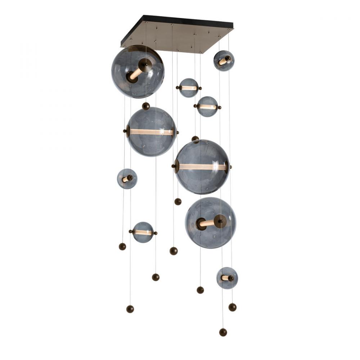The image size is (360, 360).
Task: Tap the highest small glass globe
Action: [x=224, y=60]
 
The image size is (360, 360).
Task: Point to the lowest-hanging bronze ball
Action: [x=223, y=332]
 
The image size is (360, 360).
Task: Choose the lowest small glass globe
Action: [x=227, y=278]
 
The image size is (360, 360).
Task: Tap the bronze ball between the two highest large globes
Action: [x=146, y=106]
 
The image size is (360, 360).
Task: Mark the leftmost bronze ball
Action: [x=122, y=246]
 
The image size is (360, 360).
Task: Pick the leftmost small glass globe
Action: [x=127, y=179]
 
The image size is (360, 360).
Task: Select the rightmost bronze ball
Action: [x=233, y=307]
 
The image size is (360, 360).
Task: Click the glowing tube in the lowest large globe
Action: [x=207, y=223]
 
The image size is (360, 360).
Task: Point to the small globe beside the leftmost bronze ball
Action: [x=143, y=232]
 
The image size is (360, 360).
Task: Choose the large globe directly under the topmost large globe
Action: [x=152, y=132]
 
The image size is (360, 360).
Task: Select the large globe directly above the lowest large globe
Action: [x=202, y=167]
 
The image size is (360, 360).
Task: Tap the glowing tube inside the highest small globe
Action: [x=222, y=62]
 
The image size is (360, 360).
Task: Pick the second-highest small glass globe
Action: [x=189, y=88]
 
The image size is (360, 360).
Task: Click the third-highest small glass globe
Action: [x=207, y=107]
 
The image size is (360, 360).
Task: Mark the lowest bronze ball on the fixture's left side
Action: [x=130, y=309]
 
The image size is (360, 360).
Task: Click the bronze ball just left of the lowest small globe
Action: [x=200, y=290]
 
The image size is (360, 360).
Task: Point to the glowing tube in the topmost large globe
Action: [x=136, y=73]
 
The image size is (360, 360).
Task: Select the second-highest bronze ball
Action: [x=195, y=139]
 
